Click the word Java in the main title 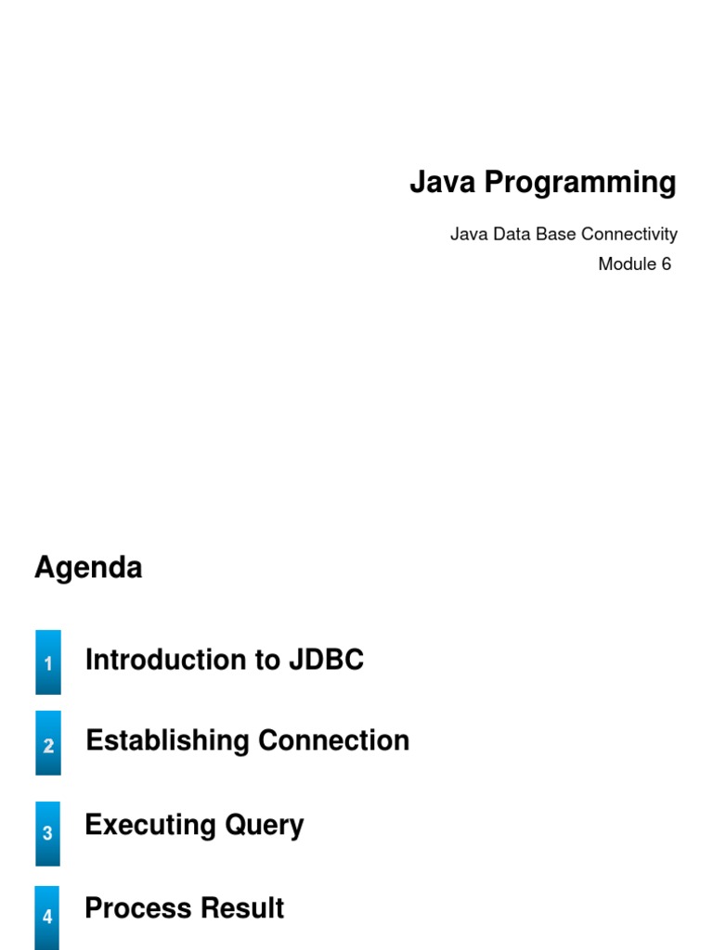[442, 182]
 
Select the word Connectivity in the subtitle [629, 235]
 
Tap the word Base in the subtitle [555, 234]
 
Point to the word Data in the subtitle [512, 234]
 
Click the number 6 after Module [666, 264]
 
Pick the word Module [627, 264]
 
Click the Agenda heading [88, 569]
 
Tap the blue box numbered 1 [48, 661]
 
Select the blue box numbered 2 [48, 743]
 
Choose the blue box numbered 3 [47, 833]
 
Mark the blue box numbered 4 [46, 918]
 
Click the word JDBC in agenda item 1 [326, 660]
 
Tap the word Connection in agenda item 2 [334, 740]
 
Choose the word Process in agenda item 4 [139, 908]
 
